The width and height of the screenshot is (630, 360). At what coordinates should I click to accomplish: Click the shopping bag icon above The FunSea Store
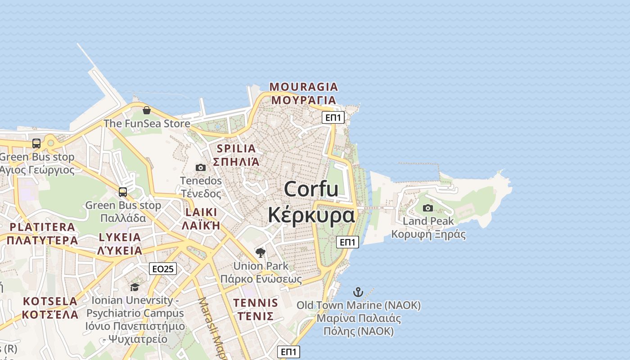[x=147, y=110]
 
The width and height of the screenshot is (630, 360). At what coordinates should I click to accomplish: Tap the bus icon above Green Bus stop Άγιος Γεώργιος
[x=36, y=144]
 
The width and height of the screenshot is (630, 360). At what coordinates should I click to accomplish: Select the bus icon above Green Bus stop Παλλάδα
[x=123, y=192]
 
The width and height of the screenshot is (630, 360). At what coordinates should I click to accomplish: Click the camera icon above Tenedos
[x=201, y=168]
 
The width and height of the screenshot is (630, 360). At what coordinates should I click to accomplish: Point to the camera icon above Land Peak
[x=428, y=208]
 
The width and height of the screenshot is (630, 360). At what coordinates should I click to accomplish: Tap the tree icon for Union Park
[x=261, y=252]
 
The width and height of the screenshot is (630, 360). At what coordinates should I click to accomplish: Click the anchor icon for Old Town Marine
[x=358, y=292]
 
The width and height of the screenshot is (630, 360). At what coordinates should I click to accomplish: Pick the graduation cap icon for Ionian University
[x=135, y=287]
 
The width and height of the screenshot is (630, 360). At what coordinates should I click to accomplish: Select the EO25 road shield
[x=163, y=269]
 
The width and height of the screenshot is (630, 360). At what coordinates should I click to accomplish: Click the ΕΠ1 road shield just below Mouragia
[x=333, y=118]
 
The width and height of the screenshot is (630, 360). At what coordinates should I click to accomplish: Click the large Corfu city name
[x=311, y=189]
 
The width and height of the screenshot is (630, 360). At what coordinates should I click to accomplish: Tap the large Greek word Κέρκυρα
[x=311, y=215]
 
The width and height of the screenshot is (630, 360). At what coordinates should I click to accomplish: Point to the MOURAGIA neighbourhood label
[x=304, y=87]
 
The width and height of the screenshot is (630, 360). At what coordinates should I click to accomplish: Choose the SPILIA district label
[x=236, y=148]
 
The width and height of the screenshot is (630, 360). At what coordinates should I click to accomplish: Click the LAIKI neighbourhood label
[x=201, y=212]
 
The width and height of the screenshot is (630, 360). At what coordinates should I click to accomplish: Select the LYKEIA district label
[x=120, y=237]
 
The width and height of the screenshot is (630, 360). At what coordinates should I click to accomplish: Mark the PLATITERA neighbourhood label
[x=42, y=227]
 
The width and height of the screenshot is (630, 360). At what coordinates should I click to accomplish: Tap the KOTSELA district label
[x=50, y=301]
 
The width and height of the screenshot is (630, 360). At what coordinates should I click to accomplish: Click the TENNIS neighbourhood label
[x=256, y=303]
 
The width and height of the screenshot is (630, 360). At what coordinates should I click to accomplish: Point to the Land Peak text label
[x=428, y=221]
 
